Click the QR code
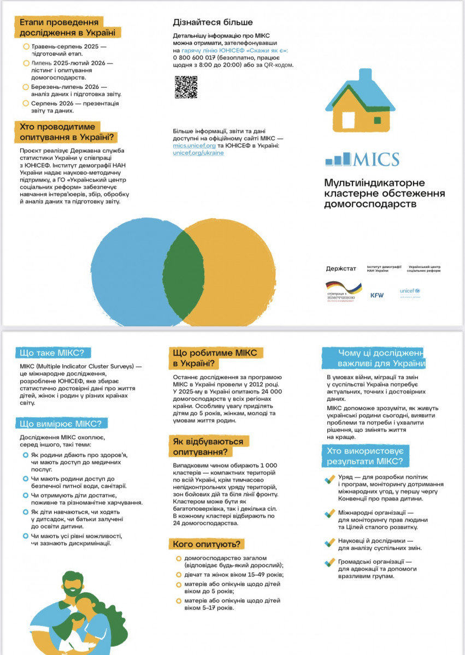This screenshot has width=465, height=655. pyautogui.click(x=186, y=87)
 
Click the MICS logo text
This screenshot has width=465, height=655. pyautogui.click(x=376, y=159)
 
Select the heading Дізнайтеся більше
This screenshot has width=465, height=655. pyautogui.click(x=213, y=22)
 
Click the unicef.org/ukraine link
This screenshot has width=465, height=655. pyautogui.click(x=198, y=153)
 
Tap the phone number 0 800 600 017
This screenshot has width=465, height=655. pyautogui.click(x=194, y=57)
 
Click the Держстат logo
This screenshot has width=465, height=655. pyautogui.click(x=340, y=269)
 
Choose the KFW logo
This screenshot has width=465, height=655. pyautogui.click(x=377, y=295)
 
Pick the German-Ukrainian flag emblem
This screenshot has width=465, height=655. pyautogui.click(x=344, y=288)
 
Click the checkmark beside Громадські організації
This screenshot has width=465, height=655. pyautogui.click(x=329, y=562)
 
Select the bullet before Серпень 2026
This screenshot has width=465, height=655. pyautogui.click(x=26, y=103)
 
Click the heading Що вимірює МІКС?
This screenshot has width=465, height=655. pyautogui.click(x=60, y=424)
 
